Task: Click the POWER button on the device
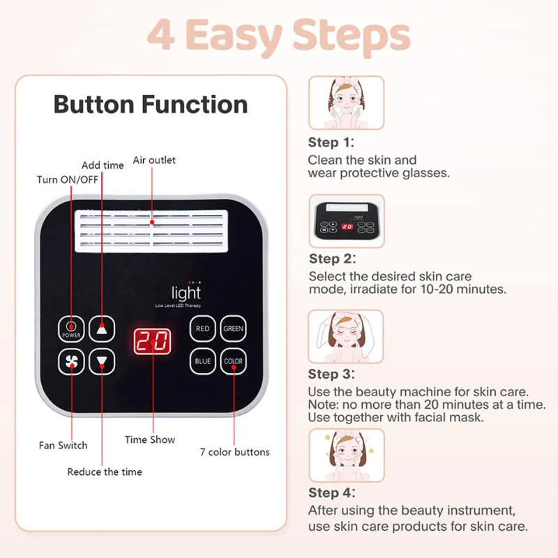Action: pos(70,329)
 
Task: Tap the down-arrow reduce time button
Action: pos(103,361)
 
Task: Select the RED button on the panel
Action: pos(202,329)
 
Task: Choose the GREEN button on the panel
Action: pos(234,329)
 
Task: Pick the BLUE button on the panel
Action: pos(202,361)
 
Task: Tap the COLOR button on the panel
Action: pos(234,361)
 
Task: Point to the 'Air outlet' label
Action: pos(154,160)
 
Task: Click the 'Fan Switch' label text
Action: pos(63,445)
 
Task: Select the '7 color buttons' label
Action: pos(234,452)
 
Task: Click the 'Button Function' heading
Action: pos(151,105)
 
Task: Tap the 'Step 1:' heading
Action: pos(331,142)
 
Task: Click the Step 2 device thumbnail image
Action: pos(346,220)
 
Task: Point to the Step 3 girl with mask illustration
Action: pos(346,336)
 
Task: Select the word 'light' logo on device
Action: pos(186,294)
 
